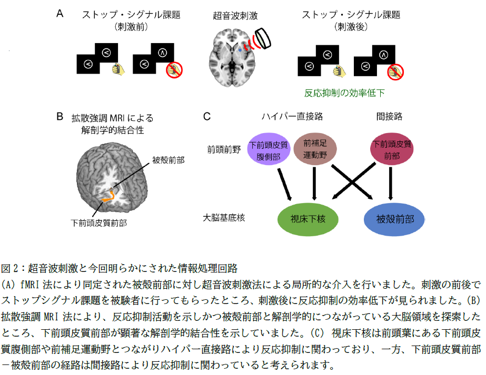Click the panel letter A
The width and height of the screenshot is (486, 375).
[x=60, y=14]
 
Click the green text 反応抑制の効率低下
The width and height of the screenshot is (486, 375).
[x=344, y=93]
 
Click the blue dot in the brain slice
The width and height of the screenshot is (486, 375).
[x=240, y=48]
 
